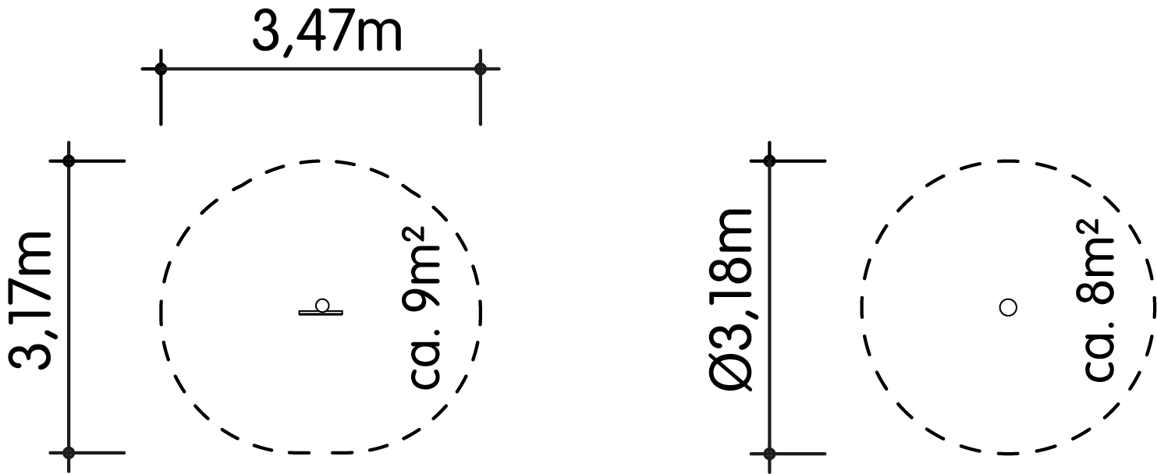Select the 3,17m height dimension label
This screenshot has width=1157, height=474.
pyautogui.click(x=30, y=301)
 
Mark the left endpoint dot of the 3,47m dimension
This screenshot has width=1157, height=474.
pyautogui.click(x=161, y=69)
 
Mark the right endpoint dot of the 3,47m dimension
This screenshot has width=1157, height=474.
pyautogui.click(x=481, y=69)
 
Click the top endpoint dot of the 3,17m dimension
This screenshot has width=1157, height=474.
pyautogui.click(x=69, y=161)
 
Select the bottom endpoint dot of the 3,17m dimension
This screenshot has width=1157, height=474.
pyautogui.click(x=69, y=453)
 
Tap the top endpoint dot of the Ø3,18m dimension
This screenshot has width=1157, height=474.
pyautogui.click(x=769, y=161)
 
